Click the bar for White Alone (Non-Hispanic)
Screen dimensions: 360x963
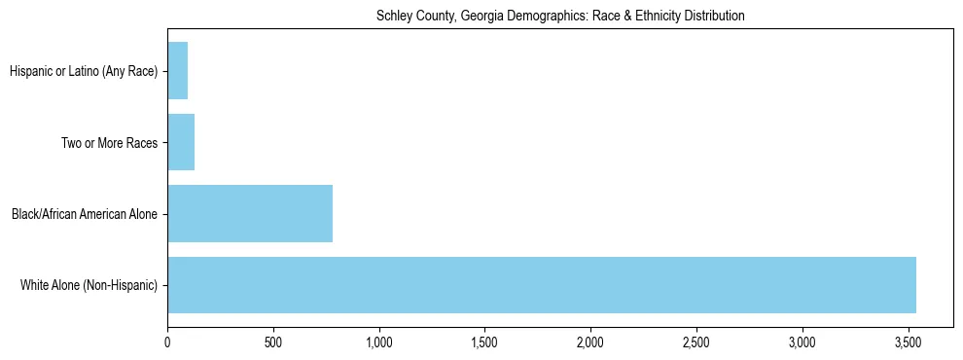542,285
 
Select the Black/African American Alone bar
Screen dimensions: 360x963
250,213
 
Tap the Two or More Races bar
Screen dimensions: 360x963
181,142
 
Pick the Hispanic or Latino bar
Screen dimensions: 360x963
178,70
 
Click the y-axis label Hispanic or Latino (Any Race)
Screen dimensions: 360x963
84,71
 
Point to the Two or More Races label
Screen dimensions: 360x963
109,143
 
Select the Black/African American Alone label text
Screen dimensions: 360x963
85,214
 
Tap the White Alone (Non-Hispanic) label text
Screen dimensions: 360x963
89,286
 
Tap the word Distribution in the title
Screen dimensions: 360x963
715,17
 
